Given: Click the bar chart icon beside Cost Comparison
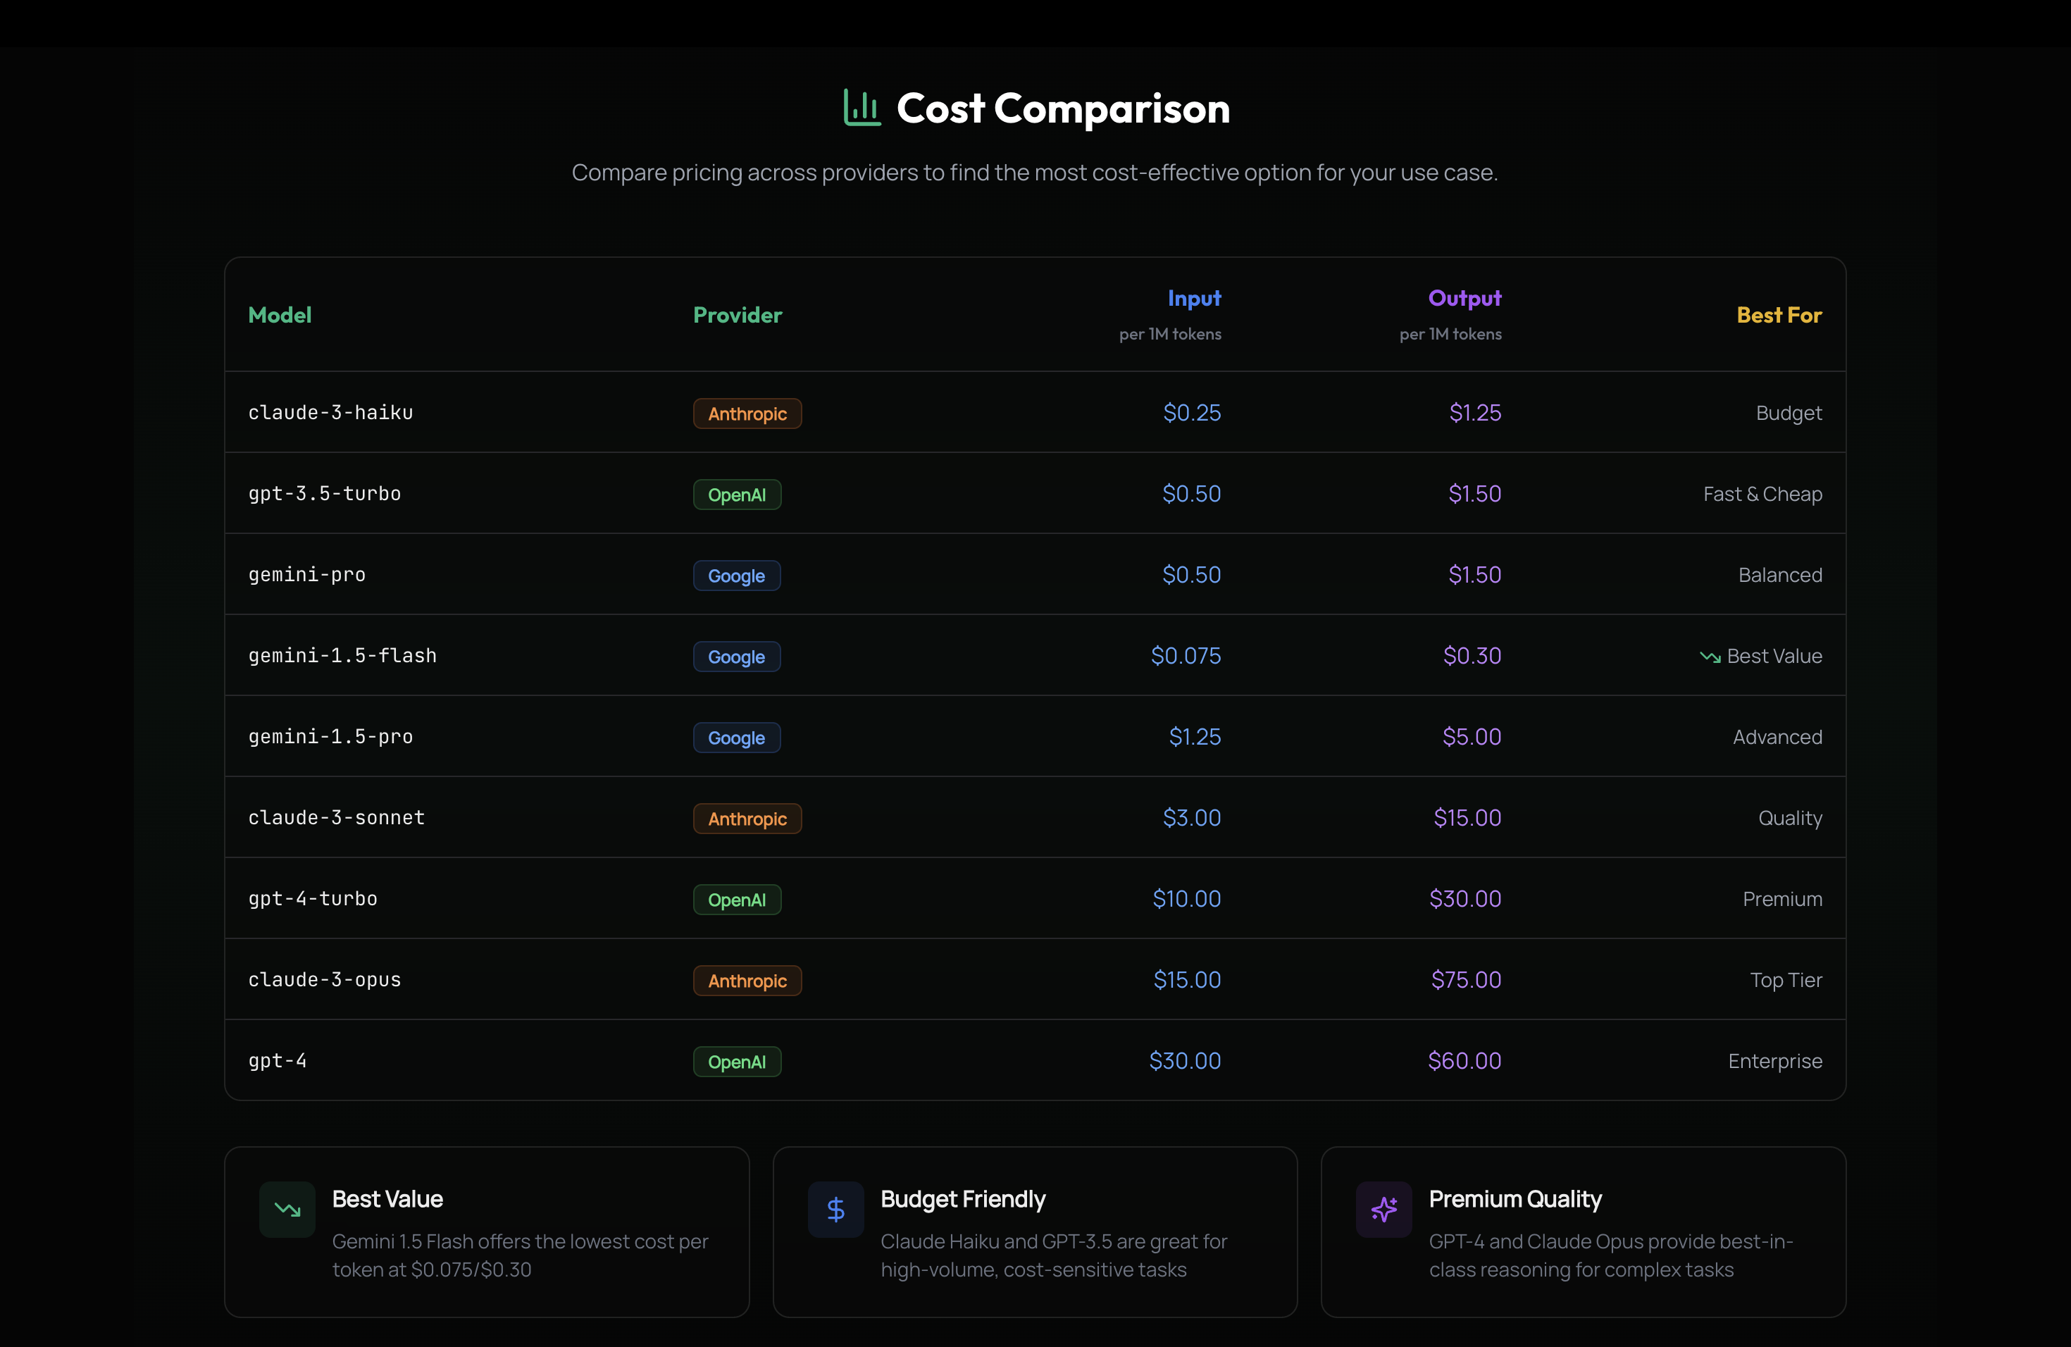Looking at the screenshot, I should coord(862,108).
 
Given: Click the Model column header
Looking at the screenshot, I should coord(280,315).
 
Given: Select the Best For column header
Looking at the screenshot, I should coord(1779,315).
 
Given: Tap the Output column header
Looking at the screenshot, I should coord(1464,299).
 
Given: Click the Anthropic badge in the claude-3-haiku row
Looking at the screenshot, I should coord(747,414).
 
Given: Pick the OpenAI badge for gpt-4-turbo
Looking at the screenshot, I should coord(736,900).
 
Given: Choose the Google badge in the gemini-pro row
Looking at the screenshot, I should coord(736,575).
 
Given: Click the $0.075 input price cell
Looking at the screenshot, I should coord(1185,656).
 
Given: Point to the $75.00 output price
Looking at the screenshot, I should coord(1465,980).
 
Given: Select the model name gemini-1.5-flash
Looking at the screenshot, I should coord(342,656).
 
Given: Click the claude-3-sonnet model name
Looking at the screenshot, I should coord(336,818).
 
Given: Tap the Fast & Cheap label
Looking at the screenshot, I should coord(1762,495).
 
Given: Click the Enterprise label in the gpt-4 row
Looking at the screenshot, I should coord(1774,1062).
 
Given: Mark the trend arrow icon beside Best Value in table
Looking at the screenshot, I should coord(1710,657).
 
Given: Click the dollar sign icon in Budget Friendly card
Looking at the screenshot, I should coord(835,1210).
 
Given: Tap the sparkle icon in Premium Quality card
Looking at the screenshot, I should coord(1383,1210).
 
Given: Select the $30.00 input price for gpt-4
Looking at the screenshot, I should coord(1184,1061).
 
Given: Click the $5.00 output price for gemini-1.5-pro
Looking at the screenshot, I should coord(1472,737).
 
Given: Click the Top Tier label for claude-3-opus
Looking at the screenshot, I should coord(1786,981).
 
